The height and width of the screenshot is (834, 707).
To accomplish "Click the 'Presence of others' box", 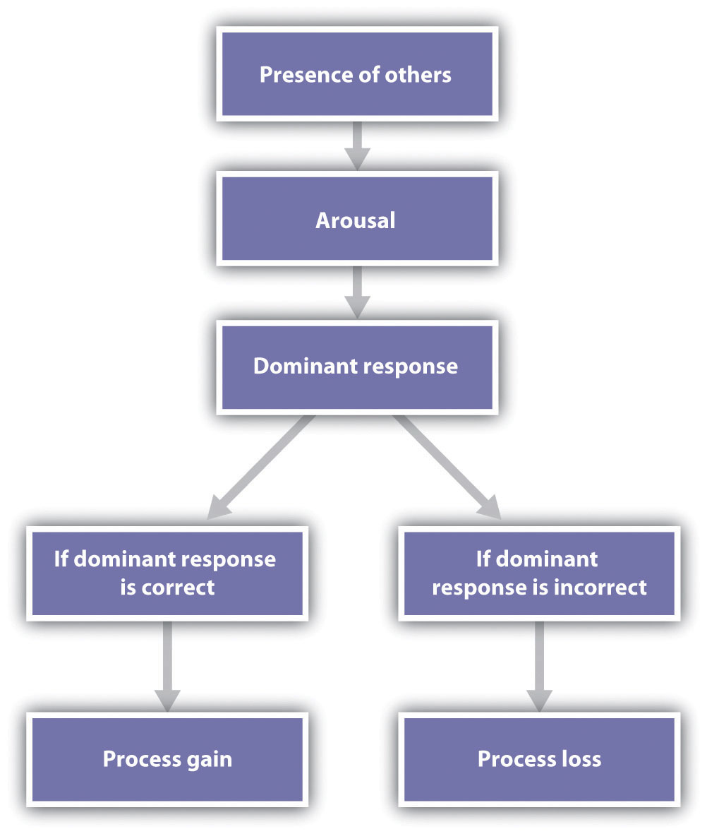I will coord(356,74).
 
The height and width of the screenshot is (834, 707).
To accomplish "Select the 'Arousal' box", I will coord(356,220).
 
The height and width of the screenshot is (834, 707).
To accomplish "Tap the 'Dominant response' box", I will coord(356,366).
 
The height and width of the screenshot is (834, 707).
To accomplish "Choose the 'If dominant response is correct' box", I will coord(167,573).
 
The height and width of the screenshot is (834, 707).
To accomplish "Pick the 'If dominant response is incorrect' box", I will coord(539,573).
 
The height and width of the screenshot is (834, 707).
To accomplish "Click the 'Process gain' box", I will coord(167,758).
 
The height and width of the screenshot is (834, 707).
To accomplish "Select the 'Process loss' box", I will coord(539,758).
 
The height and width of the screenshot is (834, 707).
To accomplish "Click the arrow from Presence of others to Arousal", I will coord(356,145).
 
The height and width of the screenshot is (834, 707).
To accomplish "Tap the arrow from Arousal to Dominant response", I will coord(356,291).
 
